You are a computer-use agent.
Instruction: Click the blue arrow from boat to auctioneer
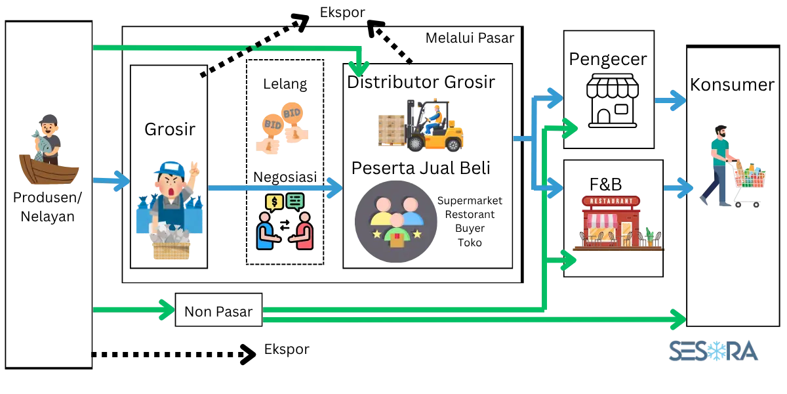pos(111,180)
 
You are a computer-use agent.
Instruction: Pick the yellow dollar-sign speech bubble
pos(273,201)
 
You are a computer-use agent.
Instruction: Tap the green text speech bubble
pos(295,200)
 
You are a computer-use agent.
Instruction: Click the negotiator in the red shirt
pos(304,231)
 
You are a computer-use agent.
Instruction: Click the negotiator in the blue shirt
pos(265,231)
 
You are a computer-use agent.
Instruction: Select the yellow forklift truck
pos(436,128)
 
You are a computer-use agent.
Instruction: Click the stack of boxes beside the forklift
pos(392,129)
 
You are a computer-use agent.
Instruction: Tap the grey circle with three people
pos(395,221)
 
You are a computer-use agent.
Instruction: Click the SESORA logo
pos(713,351)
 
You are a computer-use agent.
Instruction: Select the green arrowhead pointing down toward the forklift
pos(358,68)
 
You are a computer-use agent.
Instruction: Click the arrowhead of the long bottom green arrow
pos(677,320)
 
